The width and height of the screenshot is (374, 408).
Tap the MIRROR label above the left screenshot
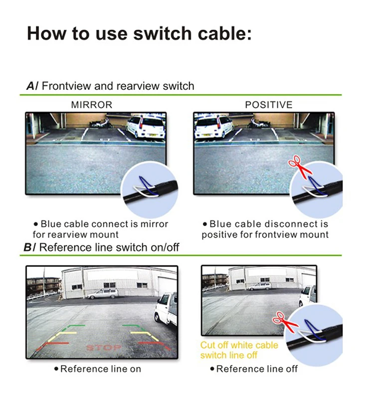pyautogui.click(x=92, y=105)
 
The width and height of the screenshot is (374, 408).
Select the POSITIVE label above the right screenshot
pyautogui.click(x=268, y=105)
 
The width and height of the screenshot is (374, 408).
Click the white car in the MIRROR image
pyautogui.click(x=146, y=127)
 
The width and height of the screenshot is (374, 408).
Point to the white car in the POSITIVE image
pyautogui.click(x=214, y=127)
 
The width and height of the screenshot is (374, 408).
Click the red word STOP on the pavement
pyautogui.click(x=104, y=347)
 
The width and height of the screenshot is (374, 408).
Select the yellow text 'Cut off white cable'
pyautogui.click(x=239, y=345)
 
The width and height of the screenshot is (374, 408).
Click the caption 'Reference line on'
pyautogui.click(x=100, y=369)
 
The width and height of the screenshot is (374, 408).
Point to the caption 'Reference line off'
pyautogui.click(x=256, y=369)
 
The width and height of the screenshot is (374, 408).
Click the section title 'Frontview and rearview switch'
pyautogui.click(x=118, y=86)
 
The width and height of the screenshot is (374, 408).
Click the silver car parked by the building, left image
pyautogui.click(x=103, y=294)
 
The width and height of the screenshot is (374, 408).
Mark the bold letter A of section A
pyautogui.click(x=31, y=86)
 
